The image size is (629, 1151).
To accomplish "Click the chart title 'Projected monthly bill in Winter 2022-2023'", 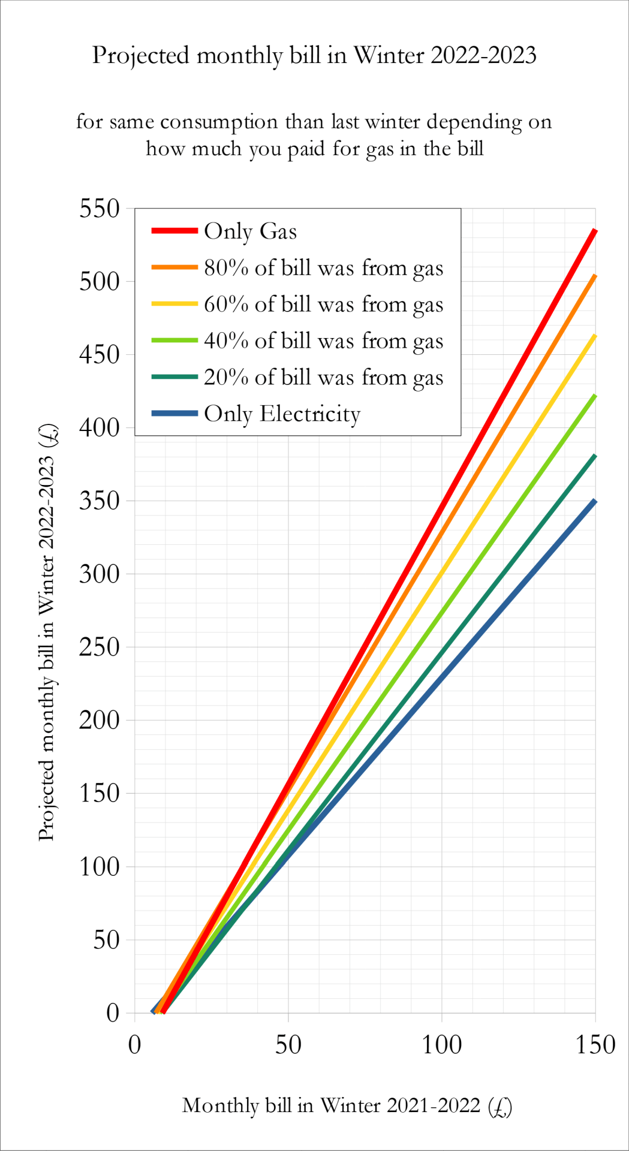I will (x=314, y=56).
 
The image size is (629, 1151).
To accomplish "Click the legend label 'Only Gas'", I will (x=250, y=231).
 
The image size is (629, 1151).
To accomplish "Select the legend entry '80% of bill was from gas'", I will (x=323, y=268).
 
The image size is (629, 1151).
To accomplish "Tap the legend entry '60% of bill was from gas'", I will (x=323, y=305).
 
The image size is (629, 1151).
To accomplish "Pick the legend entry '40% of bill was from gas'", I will (x=323, y=341).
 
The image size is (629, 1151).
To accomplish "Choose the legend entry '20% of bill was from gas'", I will (x=323, y=378).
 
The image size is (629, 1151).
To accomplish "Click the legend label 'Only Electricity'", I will (x=282, y=414).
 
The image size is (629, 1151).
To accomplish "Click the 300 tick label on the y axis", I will (x=100, y=574).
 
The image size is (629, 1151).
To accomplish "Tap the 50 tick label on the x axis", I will (x=288, y=1045).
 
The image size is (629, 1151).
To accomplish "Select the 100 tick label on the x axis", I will (x=441, y=1045).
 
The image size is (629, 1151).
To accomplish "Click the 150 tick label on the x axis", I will (x=595, y=1045).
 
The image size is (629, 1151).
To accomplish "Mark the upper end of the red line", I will (x=595, y=230).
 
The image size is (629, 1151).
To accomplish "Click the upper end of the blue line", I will (x=595, y=501).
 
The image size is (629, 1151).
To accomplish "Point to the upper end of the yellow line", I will (x=595, y=336).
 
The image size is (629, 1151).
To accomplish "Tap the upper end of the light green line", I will (x=595, y=396).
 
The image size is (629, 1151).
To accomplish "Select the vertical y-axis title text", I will (x=47, y=632).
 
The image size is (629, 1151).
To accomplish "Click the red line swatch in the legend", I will (x=174, y=231).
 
